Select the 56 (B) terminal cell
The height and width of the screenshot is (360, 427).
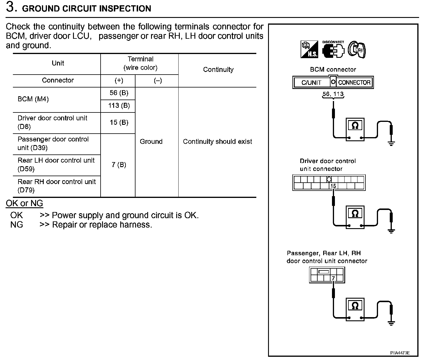pos(119,93)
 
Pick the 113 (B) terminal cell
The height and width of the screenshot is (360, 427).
pos(119,106)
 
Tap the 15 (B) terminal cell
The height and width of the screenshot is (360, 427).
pos(119,122)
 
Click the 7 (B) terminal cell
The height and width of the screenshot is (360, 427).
pos(119,165)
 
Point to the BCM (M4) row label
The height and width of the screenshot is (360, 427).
pos(33,99)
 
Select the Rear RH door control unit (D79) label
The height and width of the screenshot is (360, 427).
pos(57,186)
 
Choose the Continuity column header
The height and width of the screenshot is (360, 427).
pos(218,70)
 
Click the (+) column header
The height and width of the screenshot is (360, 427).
pos(119,81)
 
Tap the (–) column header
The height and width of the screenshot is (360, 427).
pos(158,81)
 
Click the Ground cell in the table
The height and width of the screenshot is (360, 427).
pos(151,142)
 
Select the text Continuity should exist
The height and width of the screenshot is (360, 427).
pos(217,142)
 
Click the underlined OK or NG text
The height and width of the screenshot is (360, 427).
pos(24,203)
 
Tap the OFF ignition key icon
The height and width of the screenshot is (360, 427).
pos(356,50)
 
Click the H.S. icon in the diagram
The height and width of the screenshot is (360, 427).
pos(309,49)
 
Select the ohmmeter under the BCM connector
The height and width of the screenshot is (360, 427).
pos(355,129)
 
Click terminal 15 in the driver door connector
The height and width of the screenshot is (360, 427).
pos(333,186)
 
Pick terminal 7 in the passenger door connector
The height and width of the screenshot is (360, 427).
pos(333,278)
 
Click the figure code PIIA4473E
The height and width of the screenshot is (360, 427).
pos(400,353)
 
